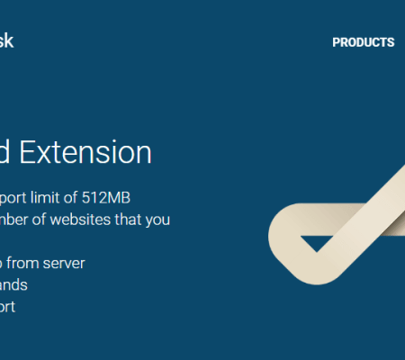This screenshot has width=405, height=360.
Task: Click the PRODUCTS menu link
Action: pos(363,42)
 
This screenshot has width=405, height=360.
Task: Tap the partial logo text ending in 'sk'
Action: pos(6,40)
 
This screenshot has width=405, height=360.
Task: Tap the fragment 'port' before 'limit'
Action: pos(16,197)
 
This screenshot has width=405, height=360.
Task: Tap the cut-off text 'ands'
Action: pos(13,284)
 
